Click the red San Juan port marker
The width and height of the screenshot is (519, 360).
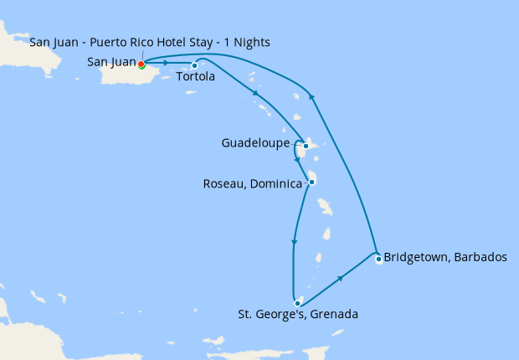click(141, 64)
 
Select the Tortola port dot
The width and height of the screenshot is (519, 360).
click(194, 66)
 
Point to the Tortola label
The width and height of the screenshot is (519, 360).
click(197, 77)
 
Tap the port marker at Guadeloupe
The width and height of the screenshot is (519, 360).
click(306, 146)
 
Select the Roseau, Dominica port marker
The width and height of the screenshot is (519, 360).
click(311, 182)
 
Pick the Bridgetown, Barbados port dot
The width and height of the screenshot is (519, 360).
click(378, 259)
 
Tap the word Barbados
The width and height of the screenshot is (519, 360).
click(480, 257)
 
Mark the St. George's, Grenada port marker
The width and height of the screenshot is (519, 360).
click(296, 303)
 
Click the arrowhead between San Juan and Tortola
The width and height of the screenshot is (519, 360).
click(167, 63)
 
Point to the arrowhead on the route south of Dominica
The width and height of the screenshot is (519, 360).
click(293, 243)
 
